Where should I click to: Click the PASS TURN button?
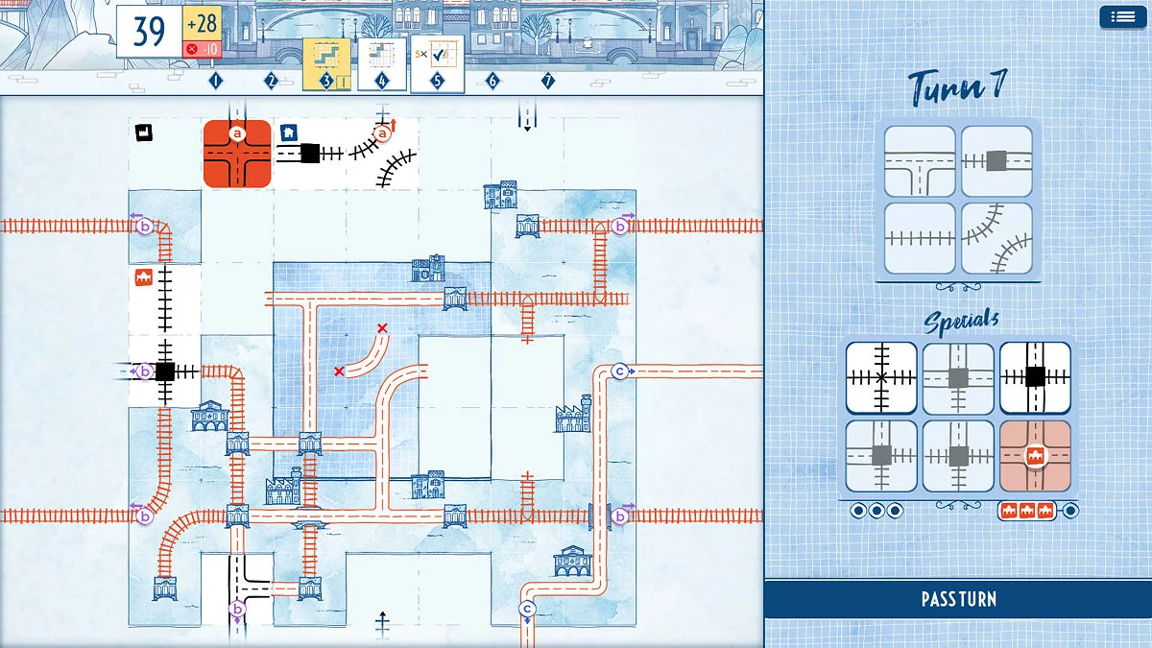958,599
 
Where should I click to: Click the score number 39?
149,31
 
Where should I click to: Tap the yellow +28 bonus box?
203,24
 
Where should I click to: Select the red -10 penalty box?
203,49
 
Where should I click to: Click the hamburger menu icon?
1122,17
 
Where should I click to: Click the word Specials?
961,321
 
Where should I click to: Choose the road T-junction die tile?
920,161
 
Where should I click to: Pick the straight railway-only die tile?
920,238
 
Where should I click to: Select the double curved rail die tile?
996,238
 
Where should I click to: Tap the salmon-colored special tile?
1035,456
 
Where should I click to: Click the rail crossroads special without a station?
881,378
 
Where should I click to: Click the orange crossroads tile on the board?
237,154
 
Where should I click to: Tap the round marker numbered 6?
492,81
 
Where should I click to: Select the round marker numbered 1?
215,81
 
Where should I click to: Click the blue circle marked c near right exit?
620,371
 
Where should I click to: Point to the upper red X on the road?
382,328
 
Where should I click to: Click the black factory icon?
144,132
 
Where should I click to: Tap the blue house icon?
289,132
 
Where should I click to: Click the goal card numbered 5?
437,65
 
